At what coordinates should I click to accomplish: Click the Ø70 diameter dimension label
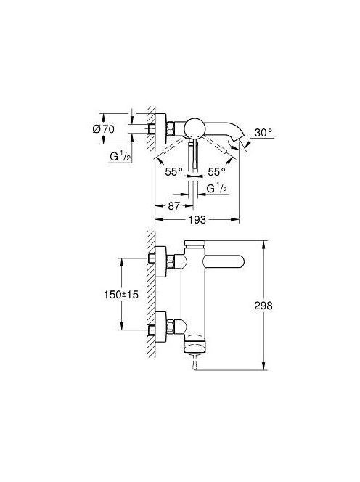(103, 129)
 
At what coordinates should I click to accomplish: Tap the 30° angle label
(263, 133)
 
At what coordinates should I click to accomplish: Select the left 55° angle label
(173, 171)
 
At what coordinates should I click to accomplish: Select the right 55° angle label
(216, 171)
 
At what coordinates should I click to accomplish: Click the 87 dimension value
(173, 205)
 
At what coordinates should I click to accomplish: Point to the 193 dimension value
(197, 220)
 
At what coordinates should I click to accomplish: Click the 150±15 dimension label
(120, 295)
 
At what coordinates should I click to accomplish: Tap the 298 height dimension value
(263, 306)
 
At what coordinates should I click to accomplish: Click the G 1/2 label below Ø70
(120, 157)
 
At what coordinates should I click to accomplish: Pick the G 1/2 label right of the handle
(217, 189)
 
